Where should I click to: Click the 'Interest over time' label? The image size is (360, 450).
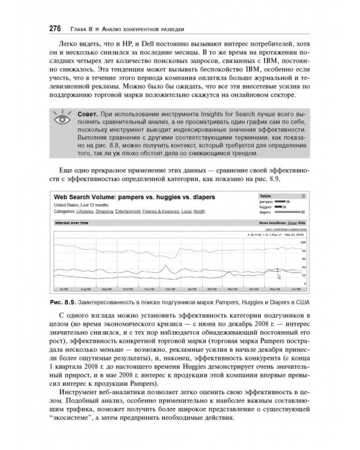(x=71, y=222)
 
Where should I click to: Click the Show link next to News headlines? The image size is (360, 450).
(x=294, y=222)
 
